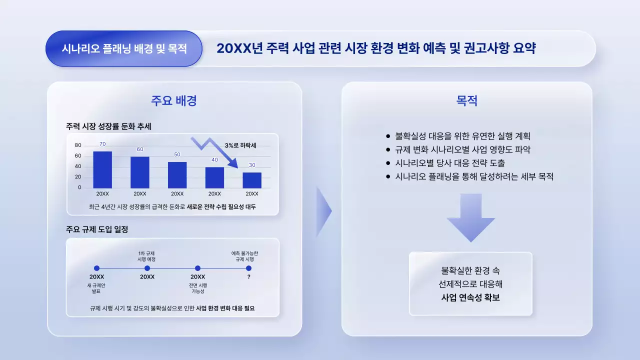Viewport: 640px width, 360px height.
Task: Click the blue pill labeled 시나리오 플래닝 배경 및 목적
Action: (123, 48)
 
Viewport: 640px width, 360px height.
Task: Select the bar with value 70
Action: (102, 170)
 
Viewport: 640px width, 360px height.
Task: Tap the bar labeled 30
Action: (252, 180)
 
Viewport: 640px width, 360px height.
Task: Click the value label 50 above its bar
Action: (177, 154)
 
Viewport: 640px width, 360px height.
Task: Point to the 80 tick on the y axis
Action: (78, 145)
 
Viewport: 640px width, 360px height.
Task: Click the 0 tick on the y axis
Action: (79, 188)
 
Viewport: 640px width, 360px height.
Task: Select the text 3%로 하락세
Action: (240, 145)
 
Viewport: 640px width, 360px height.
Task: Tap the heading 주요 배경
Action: (174, 100)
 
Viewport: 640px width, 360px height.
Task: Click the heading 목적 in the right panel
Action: (466, 100)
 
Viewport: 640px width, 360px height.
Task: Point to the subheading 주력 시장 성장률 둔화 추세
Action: (108, 126)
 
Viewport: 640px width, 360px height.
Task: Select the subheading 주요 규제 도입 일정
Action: (97, 229)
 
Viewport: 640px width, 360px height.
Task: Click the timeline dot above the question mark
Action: (248, 268)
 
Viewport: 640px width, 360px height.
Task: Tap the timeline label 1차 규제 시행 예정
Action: (147, 256)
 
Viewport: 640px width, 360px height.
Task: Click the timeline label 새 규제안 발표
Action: (96, 288)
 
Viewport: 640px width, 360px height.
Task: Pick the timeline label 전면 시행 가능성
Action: (197, 288)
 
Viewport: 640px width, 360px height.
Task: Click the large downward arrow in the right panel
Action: (470, 218)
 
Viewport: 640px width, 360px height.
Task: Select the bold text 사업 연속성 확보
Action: (470, 297)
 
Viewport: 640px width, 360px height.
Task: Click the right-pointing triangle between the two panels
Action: (323, 211)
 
